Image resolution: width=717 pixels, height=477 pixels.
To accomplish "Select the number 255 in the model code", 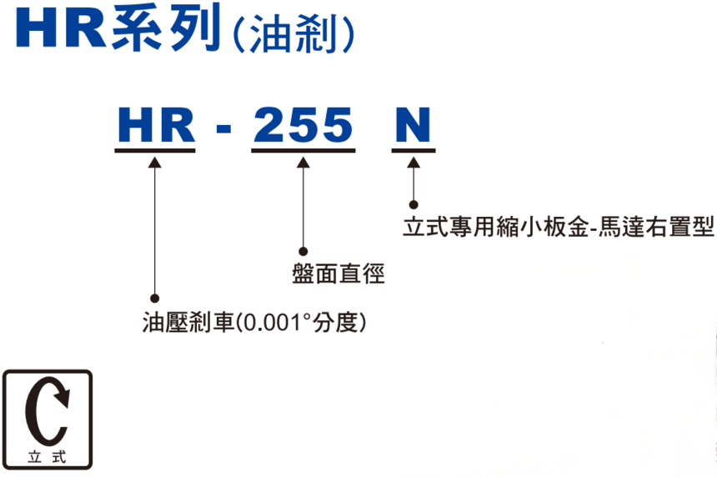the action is tap(303, 124).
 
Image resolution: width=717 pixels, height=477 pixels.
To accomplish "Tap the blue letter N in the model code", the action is tap(413, 124).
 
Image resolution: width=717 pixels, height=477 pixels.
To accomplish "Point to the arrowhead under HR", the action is tap(154, 163).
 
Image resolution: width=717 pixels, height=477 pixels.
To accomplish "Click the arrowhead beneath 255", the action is tap(303, 163).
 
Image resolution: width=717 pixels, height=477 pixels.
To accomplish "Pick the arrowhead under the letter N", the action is tap(414, 163).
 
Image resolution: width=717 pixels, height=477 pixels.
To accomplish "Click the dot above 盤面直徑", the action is tap(303, 251).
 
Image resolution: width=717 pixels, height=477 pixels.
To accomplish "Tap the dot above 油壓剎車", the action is tap(154, 299).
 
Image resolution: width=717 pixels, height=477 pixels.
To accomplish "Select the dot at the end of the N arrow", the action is tap(414, 204).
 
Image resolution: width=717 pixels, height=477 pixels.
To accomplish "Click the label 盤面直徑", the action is tap(338, 274).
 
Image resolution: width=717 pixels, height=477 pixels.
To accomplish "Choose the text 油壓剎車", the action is tap(188, 323).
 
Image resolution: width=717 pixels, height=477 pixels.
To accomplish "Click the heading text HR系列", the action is tap(119, 28).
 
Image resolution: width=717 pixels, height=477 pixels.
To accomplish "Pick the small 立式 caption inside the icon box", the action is tap(47, 457).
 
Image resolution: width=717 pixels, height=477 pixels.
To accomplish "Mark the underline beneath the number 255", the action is tap(303, 150).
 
